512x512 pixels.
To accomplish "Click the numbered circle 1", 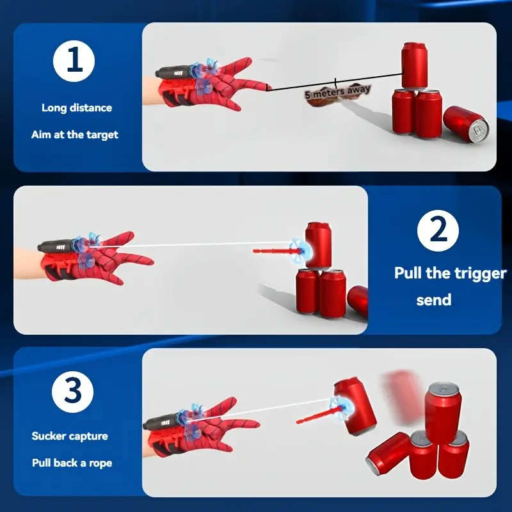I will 74,62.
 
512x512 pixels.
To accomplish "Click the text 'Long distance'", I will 77,108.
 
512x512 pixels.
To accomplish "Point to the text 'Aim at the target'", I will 75,134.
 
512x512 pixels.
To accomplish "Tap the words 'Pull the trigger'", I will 450,273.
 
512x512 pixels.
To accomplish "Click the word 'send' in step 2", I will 433,300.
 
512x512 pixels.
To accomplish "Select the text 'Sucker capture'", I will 70,436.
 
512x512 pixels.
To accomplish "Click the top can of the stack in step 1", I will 415,65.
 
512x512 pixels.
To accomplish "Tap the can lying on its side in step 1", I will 465,124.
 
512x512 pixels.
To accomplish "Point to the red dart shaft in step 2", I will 271,250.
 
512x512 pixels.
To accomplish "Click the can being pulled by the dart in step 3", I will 354,407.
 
